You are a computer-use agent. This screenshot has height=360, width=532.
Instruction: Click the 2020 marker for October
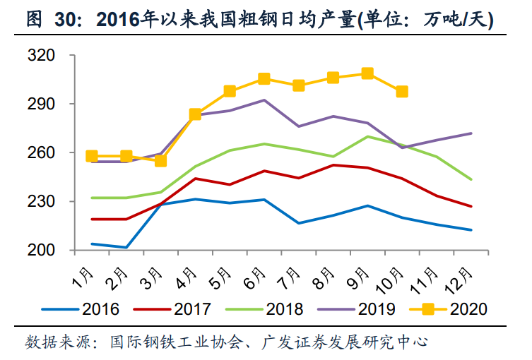(x=402, y=91)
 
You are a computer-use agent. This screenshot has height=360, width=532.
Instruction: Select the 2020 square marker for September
(x=367, y=73)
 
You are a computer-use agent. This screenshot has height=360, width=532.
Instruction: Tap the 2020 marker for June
(x=264, y=78)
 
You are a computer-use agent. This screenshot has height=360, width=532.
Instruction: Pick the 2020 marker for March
(x=160, y=160)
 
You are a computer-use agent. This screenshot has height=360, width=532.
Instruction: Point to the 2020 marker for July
(x=298, y=85)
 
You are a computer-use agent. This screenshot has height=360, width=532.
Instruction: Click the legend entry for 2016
(x=81, y=308)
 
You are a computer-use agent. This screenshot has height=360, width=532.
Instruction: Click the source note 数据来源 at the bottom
(x=226, y=343)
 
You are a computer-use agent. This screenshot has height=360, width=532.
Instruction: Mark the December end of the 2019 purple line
(x=471, y=133)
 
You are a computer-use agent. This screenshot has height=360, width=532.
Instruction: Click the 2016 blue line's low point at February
(x=126, y=248)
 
